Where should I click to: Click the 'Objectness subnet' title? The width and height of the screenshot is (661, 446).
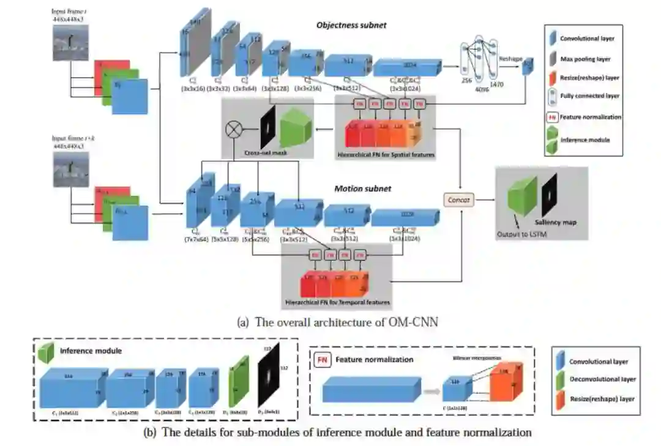pyautogui.click(x=351, y=25)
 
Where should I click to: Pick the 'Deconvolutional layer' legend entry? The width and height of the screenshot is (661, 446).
pyautogui.click(x=602, y=379)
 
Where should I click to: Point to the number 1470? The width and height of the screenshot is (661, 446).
pyautogui.click(x=496, y=84)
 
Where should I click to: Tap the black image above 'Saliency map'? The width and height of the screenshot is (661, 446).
pyautogui.click(x=550, y=195)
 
